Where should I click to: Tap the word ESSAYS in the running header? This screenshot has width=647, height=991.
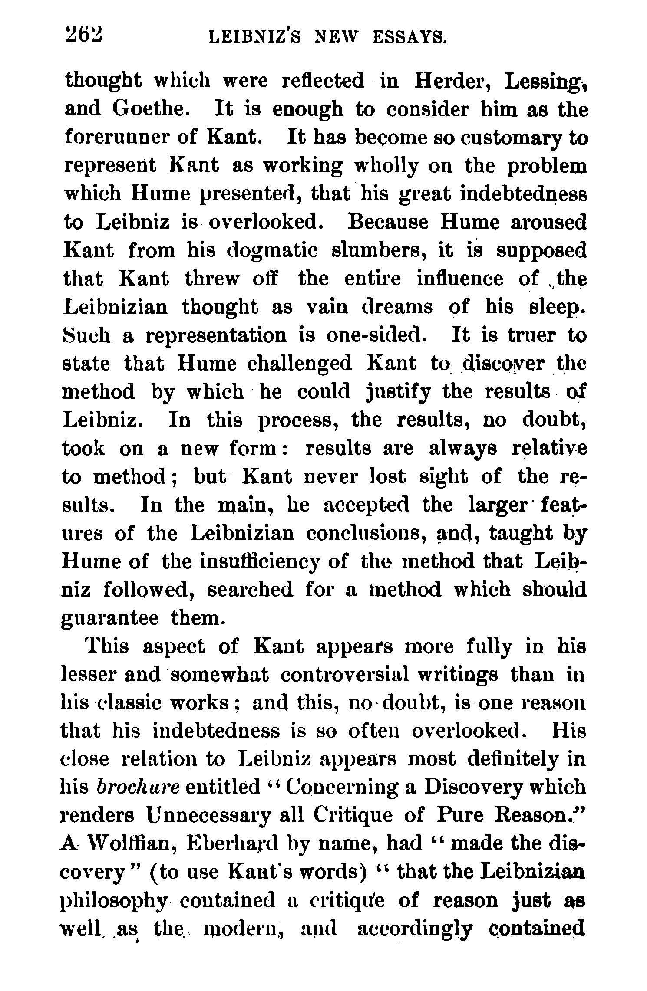point(409,38)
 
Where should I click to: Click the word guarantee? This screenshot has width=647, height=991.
point(109,619)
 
